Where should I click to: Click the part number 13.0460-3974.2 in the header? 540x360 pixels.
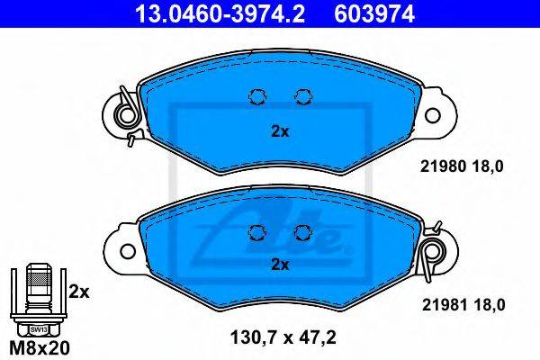pyautogui.click(x=220, y=13)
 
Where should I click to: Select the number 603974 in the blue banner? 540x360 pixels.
pyautogui.click(x=374, y=13)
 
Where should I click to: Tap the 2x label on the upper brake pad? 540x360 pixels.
pyautogui.click(x=280, y=131)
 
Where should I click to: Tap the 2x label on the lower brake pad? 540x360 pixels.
pyautogui.click(x=280, y=265)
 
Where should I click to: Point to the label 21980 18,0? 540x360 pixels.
pyautogui.click(x=462, y=166)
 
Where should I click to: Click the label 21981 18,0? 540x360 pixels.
pyautogui.click(x=463, y=305)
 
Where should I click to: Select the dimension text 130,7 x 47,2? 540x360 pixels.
pyautogui.click(x=283, y=337)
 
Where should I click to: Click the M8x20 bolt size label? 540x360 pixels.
pyautogui.click(x=40, y=348)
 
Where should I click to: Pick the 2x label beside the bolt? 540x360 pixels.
pyautogui.click(x=79, y=292)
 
